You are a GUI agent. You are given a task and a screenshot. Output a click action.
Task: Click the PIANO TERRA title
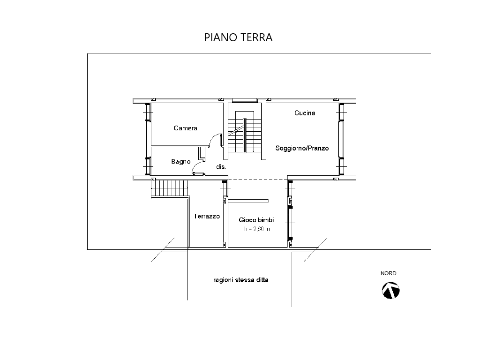coord(238,37)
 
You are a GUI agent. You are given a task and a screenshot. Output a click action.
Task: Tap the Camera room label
coord(186,128)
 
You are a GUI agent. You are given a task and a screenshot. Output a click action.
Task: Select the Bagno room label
coord(181,161)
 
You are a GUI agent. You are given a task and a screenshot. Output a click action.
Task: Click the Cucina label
coord(305,113)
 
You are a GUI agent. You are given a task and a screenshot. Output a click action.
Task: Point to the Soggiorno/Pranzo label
coord(302,148)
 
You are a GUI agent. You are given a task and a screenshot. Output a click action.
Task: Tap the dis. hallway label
coord(221,166)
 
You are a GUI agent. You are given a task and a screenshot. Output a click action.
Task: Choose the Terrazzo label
coord(207,216)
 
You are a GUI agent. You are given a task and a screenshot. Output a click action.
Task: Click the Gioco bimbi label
coord(256,220)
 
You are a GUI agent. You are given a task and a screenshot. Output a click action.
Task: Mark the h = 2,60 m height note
coord(257,229)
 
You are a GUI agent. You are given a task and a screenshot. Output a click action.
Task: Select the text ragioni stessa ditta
coord(241,280)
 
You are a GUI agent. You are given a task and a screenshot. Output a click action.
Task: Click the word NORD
coord(389,273)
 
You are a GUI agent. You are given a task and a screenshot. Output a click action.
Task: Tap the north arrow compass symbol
coord(390,291)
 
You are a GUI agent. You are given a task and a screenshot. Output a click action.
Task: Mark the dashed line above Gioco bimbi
coord(258,178)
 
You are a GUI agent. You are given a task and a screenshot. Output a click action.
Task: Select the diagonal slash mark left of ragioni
coord(163,249)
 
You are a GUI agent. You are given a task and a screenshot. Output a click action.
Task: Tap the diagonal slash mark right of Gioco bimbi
coord(315,249)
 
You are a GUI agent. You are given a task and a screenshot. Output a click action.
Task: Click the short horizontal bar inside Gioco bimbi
coord(248,201)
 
